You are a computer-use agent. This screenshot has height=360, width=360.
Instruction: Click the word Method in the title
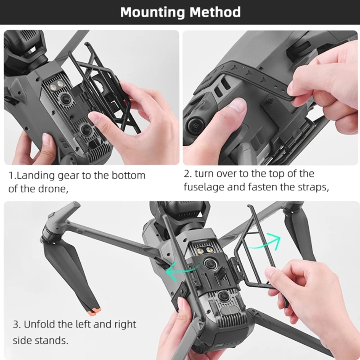[215, 12]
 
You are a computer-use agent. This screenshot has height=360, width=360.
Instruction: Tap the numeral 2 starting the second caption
[187, 174]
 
